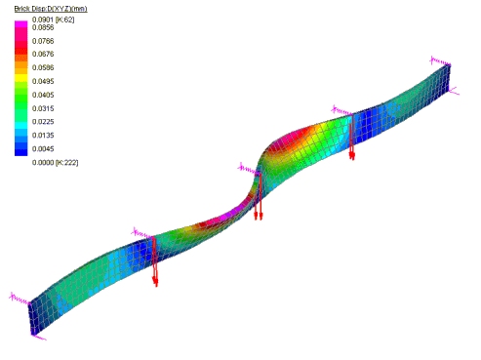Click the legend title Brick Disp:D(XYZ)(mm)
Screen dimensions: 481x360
click(x=51, y=9)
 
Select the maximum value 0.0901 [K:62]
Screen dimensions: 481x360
click(x=54, y=20)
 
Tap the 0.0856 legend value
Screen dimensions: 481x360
click(x=43, y=27)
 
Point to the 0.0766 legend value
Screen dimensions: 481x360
click(x=43, y=41)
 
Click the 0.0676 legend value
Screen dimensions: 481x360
click(x=43, y=54)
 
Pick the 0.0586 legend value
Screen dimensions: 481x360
click(x=43, y=67)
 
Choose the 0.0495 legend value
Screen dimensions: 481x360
click(x=43, y=81)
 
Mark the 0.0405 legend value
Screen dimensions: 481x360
click(x=43, y=95)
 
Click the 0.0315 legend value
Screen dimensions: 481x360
click(x=43, y=108)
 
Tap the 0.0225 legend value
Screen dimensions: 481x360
click(x=43, y=122)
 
